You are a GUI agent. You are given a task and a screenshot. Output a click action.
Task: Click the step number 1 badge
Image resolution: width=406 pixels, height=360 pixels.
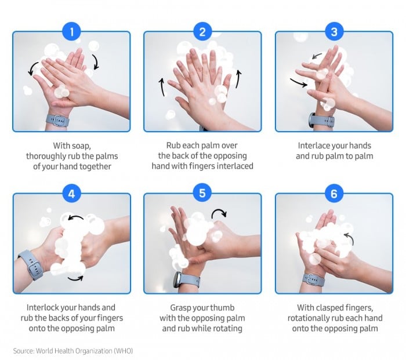(x=71, y=32)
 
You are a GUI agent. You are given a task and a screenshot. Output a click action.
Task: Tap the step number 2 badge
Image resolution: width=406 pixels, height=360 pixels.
(x=202, y=32)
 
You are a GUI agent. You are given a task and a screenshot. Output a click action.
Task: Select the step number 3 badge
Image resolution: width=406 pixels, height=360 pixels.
(x=333, y=32)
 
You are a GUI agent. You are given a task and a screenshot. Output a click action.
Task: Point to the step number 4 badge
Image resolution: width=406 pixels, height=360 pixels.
(x=71, y=194)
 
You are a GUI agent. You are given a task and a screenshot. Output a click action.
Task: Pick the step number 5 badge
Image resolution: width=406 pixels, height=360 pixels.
(x=202, y=194)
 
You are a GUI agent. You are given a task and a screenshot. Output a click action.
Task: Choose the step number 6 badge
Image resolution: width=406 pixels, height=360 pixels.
(x=333, y=194)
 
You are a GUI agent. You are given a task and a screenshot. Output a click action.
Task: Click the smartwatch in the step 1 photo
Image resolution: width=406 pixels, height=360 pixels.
(x=57, y=120)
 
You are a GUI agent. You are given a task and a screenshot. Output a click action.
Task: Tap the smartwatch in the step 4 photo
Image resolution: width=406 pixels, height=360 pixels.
(x=31, y=264)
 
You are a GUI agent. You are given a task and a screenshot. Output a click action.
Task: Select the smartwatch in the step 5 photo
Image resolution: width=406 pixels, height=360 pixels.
(x=188, y=281)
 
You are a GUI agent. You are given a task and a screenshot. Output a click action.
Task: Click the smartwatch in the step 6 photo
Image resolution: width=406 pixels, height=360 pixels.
(x=314, y=279)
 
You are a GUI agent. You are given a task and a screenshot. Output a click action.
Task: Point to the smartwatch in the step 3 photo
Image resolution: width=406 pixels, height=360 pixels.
(x=321, y=121)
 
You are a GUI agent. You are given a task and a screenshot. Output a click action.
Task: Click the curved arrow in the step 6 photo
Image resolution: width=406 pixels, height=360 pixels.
(x=349, y=237)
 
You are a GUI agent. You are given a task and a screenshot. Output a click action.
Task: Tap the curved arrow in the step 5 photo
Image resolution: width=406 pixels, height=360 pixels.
(x=220, y=214)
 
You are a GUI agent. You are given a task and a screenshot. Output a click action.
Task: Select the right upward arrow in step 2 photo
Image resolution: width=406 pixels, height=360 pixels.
(x=237, y=79)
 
